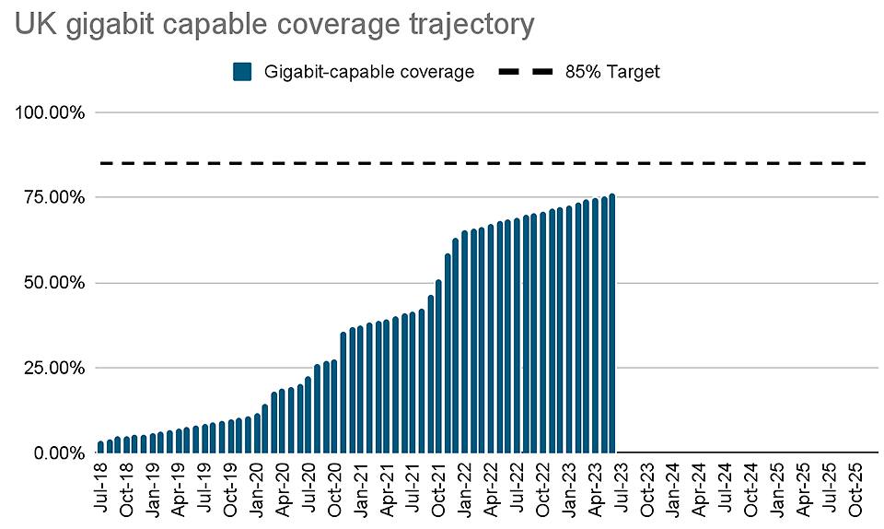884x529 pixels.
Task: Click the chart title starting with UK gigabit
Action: point(273,24)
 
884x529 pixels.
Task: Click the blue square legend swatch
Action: point(243,72)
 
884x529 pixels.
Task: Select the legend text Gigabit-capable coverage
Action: point(368,72)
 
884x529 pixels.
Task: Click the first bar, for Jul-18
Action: point(100,448)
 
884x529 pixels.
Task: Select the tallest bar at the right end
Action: point(612,323)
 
